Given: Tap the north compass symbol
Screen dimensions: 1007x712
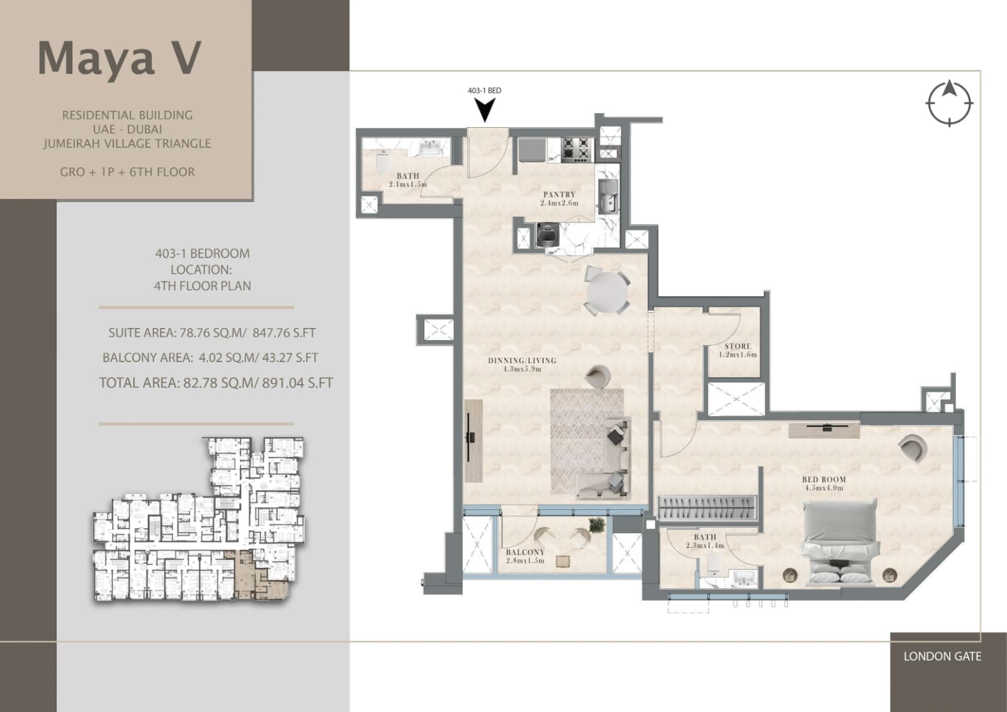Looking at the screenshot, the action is pos(949,103).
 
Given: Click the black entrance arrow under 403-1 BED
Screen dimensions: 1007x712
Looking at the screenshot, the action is pos(485,110).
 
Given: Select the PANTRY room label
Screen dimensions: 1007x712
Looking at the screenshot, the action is pos(560,195).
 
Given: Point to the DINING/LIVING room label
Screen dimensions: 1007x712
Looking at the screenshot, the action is pos(522,360).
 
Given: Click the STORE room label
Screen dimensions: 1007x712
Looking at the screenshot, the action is pos(738,346).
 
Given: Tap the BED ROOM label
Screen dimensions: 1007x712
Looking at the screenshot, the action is pos(824,480).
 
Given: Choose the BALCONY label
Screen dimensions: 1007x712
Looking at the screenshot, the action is pos(525,552).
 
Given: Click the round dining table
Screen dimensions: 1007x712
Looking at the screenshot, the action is pos(607,292).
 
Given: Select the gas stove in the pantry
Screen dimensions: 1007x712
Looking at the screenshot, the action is pos(577,150).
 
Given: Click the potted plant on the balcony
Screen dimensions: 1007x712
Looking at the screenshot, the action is pos(597,524).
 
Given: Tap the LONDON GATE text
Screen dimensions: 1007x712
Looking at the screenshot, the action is pos(942,656).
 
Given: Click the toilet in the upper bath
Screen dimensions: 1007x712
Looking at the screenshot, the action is pos(383,162).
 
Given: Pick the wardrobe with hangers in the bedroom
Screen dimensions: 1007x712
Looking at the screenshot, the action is pos(707,508).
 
